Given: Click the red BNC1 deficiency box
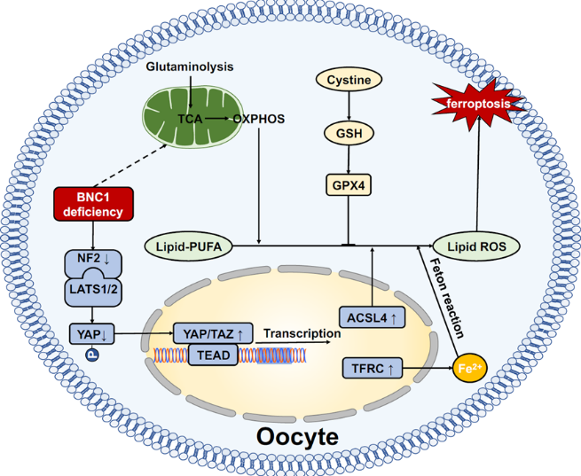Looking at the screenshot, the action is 93,204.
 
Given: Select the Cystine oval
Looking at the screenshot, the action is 349,80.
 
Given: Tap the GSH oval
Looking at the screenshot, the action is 349,133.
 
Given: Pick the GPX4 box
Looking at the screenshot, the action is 349,184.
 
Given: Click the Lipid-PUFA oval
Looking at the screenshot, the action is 188,246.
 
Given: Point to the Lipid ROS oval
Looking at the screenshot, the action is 476,246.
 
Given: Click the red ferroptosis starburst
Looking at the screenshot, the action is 478,104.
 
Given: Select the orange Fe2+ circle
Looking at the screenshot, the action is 470,368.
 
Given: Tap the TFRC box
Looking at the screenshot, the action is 372,368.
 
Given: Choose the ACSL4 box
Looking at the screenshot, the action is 372,317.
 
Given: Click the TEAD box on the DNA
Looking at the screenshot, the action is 213,355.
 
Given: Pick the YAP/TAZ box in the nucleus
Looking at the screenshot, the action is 213,334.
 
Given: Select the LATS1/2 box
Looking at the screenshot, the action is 93,289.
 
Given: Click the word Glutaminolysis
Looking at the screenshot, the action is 190,67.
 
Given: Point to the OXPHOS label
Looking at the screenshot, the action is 259,119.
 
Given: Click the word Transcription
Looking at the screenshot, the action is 302,333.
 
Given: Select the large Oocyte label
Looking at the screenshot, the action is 297,437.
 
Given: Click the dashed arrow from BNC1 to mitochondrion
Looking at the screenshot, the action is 131,166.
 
